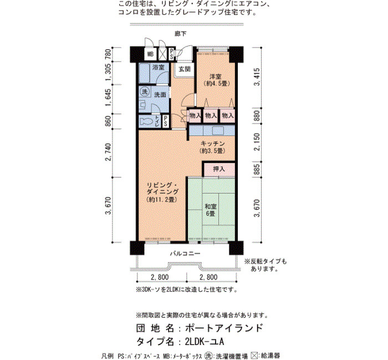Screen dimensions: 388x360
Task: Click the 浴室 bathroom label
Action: [159, 67]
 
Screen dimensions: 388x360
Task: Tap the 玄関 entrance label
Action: [185, 69]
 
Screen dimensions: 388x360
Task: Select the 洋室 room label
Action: [215, 77]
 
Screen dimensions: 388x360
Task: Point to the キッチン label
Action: [212, 143]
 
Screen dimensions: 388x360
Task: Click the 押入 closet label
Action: [219, 169]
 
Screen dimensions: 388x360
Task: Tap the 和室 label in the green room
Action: [211, 207]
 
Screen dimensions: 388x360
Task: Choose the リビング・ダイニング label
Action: [162, 188]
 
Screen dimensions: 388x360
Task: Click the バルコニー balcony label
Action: [185, 254]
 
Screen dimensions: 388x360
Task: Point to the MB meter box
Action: [150, 54]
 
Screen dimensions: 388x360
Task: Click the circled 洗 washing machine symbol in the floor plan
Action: [145, 92]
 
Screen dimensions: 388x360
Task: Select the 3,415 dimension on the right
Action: [257, 77]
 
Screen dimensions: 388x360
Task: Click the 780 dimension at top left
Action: [108, 54]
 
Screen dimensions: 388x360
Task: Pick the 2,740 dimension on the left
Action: [108, 152]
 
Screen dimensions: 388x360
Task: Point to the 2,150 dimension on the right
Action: [257, 142]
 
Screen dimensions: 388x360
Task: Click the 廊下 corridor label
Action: [181, 33]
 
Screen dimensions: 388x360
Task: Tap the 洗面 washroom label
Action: [160, 95]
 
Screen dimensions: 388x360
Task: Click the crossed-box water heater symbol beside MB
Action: [162, 54]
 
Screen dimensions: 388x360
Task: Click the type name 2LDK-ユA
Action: [205, 342]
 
